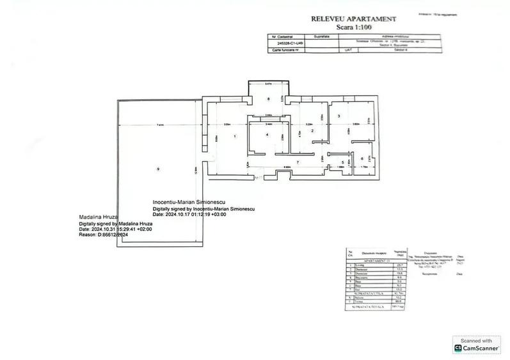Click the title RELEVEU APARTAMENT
coord(354,19)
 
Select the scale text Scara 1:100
coord(353,27)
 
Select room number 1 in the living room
coord(235,136)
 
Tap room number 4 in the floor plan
coord(267,134)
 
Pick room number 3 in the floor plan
coord(338,116)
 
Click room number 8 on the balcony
coord(268,98)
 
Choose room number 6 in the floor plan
coord(362,159)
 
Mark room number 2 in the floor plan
coord(312,130)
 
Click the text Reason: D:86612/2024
coord(104,235)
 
